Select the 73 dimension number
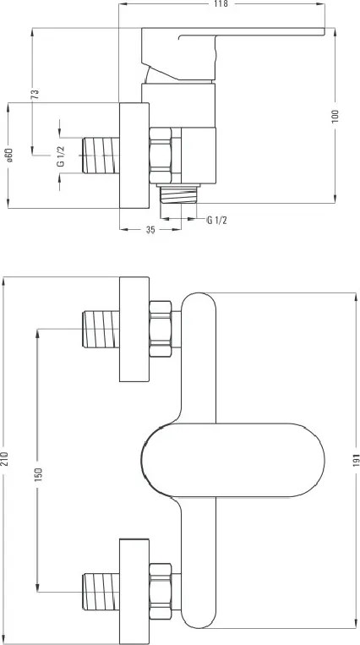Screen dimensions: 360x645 coord(35,94)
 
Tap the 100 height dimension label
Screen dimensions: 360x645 coord(335,116)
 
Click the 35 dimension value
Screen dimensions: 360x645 coord(150,230)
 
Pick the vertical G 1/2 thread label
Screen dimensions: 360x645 coord(61,156)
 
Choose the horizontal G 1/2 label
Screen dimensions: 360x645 coord(217,221)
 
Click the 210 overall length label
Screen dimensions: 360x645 coord(4,459)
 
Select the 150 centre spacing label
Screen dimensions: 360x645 coord(39,475)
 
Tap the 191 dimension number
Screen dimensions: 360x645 coord(356,460)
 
